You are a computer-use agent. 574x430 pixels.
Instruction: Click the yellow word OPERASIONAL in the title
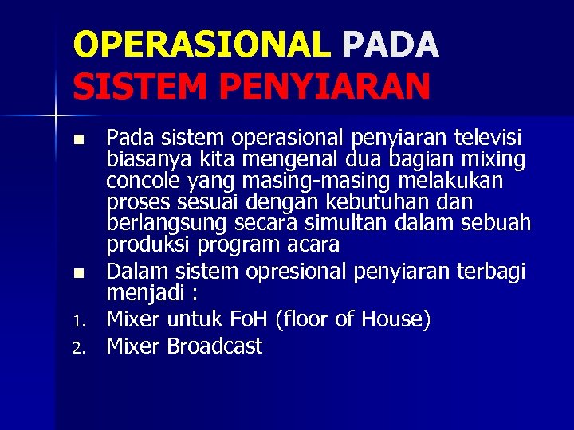coord(201,45)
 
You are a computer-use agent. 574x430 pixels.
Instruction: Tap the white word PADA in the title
coord(390,45)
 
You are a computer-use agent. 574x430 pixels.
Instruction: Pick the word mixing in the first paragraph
coord(493,161)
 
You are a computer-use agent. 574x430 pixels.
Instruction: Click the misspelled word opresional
coord(296,272)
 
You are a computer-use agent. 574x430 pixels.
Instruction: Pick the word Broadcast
coord(214,346)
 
